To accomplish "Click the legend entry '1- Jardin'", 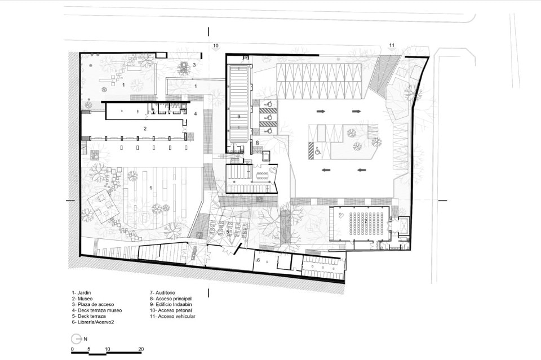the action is click(81, 293).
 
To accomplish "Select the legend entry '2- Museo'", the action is click(82, 299).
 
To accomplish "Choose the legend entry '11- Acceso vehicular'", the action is click(172, 316).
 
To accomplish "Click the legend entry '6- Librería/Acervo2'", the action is click(93, 322).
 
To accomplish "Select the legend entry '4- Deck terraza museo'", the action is click(96, 310).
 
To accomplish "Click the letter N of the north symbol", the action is click(85, 339).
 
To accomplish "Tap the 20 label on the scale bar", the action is click(141, 349).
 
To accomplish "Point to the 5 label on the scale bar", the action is click(88, 349).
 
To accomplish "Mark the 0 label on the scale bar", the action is click(73, 349).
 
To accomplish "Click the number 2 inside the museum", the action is click(145, 128).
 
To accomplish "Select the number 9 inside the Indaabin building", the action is click(239, 117).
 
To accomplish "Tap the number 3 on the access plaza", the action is click(194, 65).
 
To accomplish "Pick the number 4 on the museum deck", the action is click(196, 113).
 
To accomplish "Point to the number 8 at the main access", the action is click(257, 142).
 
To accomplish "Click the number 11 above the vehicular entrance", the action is click(392, 45).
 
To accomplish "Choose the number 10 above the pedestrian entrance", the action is click(216, 46).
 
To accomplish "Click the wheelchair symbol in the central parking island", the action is click(318, 150).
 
